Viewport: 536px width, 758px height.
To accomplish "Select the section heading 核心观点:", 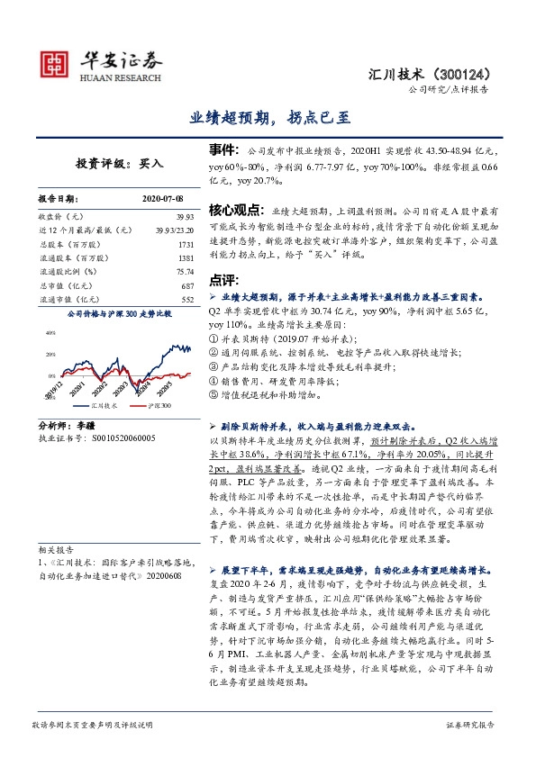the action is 227,209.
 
